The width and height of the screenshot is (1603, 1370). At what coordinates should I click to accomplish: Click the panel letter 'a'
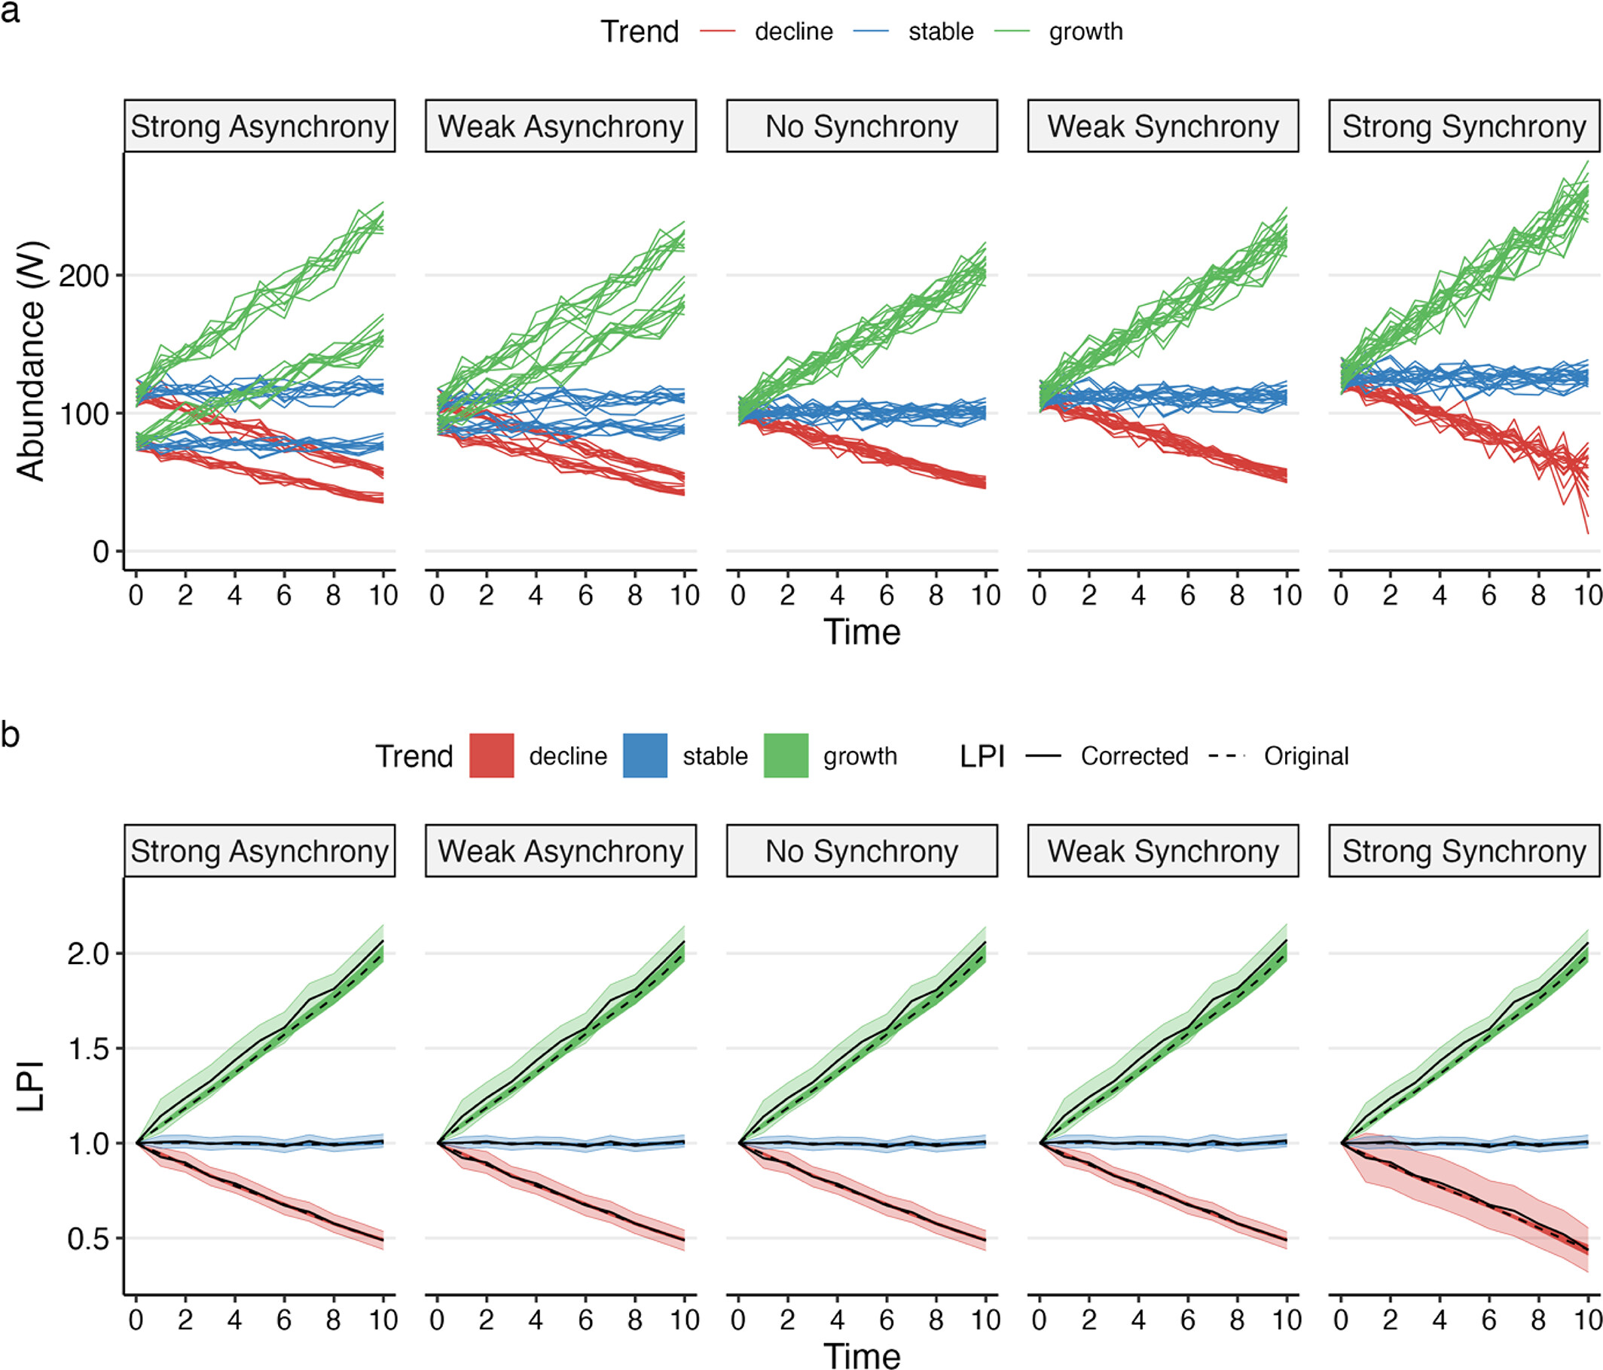pos(10,13)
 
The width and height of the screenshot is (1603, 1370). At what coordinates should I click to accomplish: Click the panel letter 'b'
pos(10,734)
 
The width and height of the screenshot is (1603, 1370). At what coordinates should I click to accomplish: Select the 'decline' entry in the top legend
pos(793,32)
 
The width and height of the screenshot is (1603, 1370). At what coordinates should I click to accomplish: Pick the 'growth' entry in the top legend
pos(1085,32)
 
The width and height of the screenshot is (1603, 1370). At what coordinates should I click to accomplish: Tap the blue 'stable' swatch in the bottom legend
pos(645,755)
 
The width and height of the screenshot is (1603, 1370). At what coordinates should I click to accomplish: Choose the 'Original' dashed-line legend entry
pos(1306,755)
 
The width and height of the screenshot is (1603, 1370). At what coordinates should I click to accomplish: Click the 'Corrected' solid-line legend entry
pos(1134,755)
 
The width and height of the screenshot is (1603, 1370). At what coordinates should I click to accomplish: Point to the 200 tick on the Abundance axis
pos(84,276)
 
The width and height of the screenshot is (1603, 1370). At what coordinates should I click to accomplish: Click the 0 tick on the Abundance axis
pos(101,551)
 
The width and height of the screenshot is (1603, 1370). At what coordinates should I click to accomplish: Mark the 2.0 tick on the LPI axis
pos(88,954)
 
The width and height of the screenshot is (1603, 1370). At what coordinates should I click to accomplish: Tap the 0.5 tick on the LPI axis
pos(88,1238)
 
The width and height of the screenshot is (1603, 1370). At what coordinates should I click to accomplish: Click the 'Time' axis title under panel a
pos(862,632)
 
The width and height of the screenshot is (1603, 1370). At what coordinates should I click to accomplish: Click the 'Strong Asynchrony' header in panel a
pos(259,126)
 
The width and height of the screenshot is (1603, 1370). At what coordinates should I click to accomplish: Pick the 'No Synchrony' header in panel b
pos(862,851)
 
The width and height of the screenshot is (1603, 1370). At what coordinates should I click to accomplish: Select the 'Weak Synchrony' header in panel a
pos(1163,126)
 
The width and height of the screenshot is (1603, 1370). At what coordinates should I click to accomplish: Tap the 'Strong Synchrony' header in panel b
pos(1464,851)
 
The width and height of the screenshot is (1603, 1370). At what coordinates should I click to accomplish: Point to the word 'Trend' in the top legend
pos(640,32)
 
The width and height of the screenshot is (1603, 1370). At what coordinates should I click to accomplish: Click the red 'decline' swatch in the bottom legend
pos(491,755)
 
